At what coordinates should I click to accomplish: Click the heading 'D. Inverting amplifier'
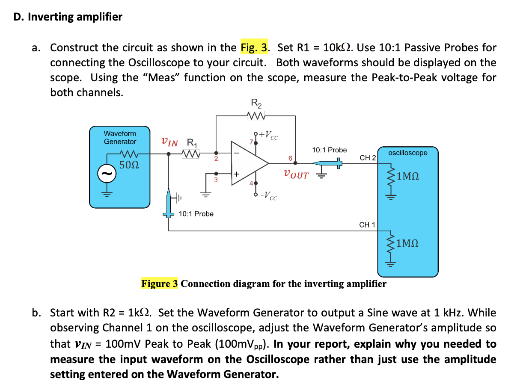click(x=68, y=17)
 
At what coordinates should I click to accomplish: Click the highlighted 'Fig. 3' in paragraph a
click(x=255, y=47)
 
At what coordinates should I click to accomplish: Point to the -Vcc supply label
click(x=270, y=196)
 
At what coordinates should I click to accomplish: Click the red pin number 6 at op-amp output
click(x=290, y=158)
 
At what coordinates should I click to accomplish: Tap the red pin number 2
click(x=216, y=159)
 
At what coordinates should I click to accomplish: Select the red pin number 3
click(x=216, y=180)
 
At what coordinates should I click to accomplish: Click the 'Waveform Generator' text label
click(x=120, y=138)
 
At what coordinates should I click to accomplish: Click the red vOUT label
click(x=295, y=175)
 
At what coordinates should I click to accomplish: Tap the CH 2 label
click(x=368, y=158)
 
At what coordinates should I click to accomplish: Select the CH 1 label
click(x=367, y=224)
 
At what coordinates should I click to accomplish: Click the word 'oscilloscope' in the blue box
click(x=407, y=153)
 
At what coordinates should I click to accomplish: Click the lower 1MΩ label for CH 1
click(x=407, y=244)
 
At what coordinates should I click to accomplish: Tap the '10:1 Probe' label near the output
click(x=329, y=150)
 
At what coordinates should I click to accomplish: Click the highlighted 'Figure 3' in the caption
click(x=159, y=284)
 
